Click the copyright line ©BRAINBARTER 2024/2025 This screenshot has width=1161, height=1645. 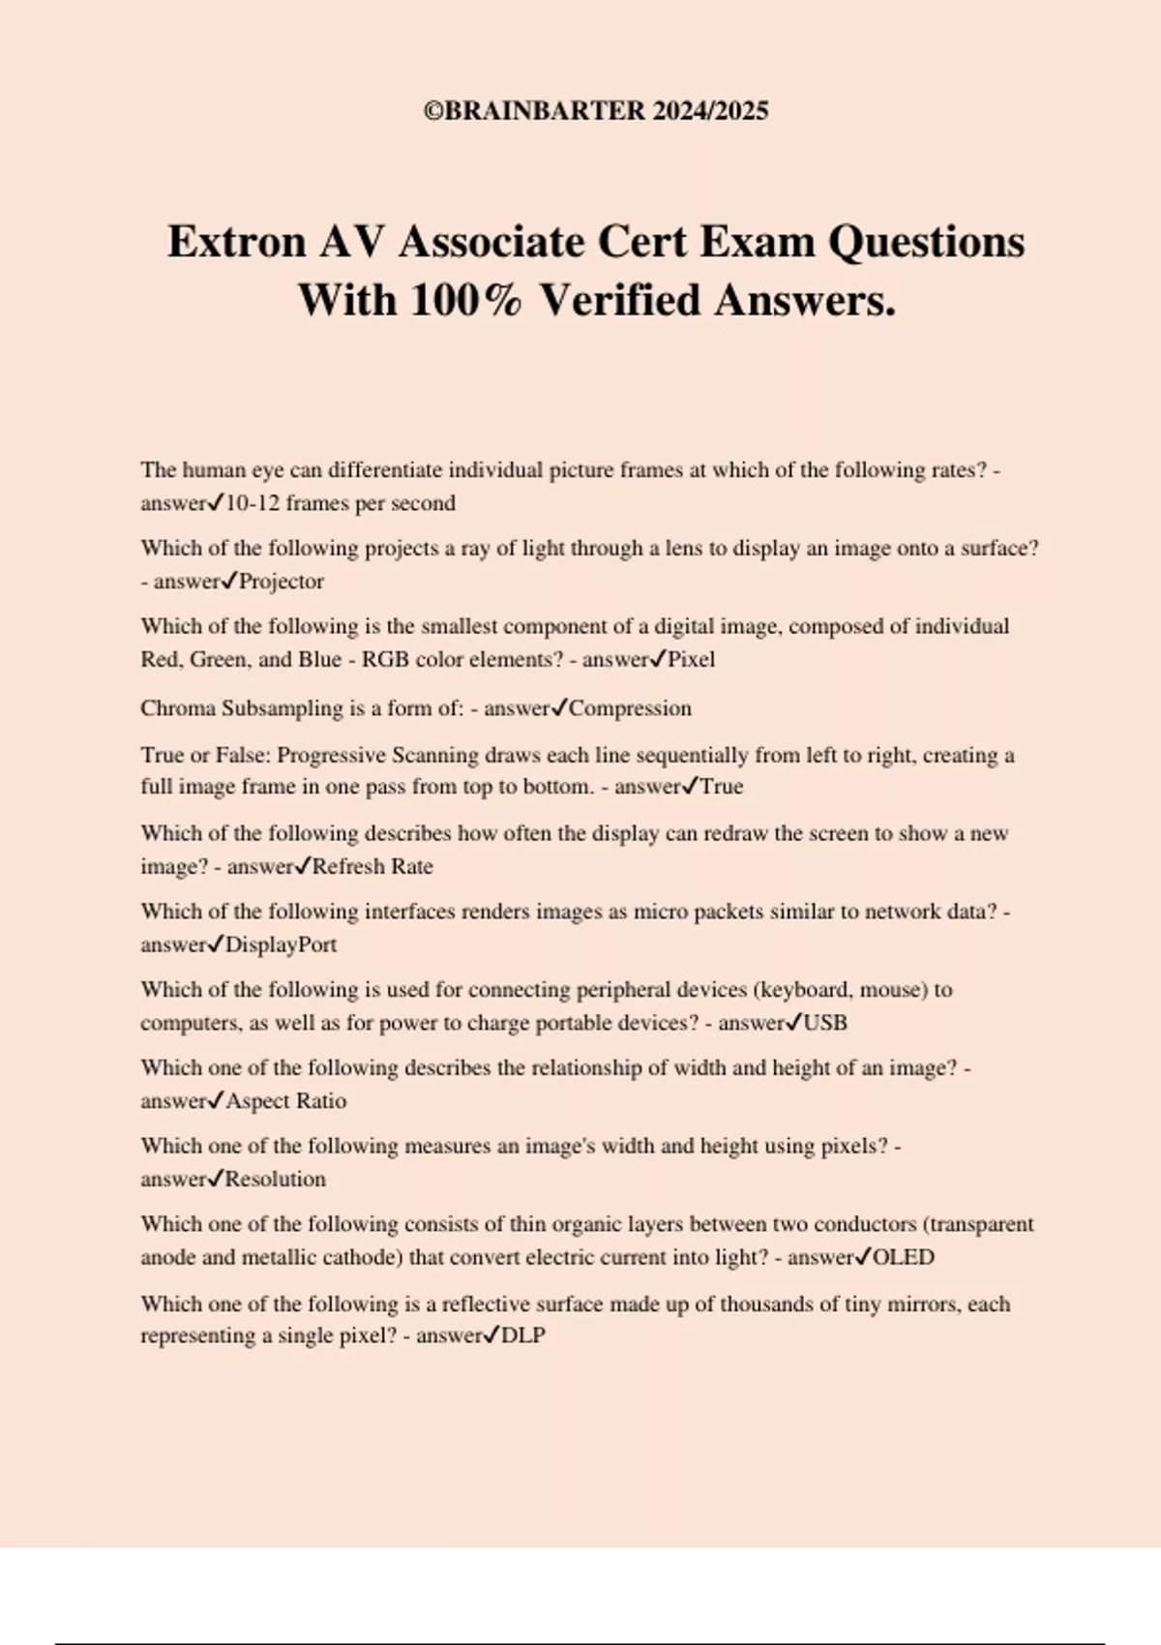point(596,111)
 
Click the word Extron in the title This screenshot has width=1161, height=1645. point(237,242)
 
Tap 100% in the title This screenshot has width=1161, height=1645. point(465,300)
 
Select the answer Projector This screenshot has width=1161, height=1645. point(281,582)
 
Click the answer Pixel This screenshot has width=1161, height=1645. point(691,660)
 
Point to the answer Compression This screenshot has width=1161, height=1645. point(630,708)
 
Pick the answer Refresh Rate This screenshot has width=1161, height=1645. point(372,866)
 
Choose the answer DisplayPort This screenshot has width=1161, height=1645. point(281,944)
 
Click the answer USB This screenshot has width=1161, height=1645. point(825,1023)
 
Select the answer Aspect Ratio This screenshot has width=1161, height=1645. point(285,1101)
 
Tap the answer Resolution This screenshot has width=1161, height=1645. point(275,1180)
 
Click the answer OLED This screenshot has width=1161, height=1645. point(904,1258)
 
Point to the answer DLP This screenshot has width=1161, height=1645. point(523,1335)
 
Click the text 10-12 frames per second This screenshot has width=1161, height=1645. point(340,503)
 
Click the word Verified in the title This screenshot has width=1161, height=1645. point(619,300)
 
